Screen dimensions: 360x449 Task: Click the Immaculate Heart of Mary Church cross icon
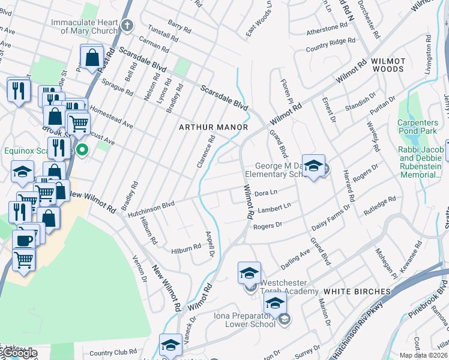pyautogui.click(x=126, y=25)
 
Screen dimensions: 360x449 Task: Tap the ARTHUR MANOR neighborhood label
pyautogui.click(x=213, y=127)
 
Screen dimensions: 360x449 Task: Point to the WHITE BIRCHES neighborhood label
pyautogui.click(x=358, y=292)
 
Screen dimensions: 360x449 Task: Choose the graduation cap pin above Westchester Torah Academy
pyautogui.click(x=249, y=273)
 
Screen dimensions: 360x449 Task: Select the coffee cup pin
pyautogui.click(x=24, y=241)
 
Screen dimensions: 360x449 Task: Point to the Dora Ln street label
pyautogui.click(x=265, y=193)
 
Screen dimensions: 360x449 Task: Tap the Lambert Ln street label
pyautogui.click(x=274, y=209)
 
